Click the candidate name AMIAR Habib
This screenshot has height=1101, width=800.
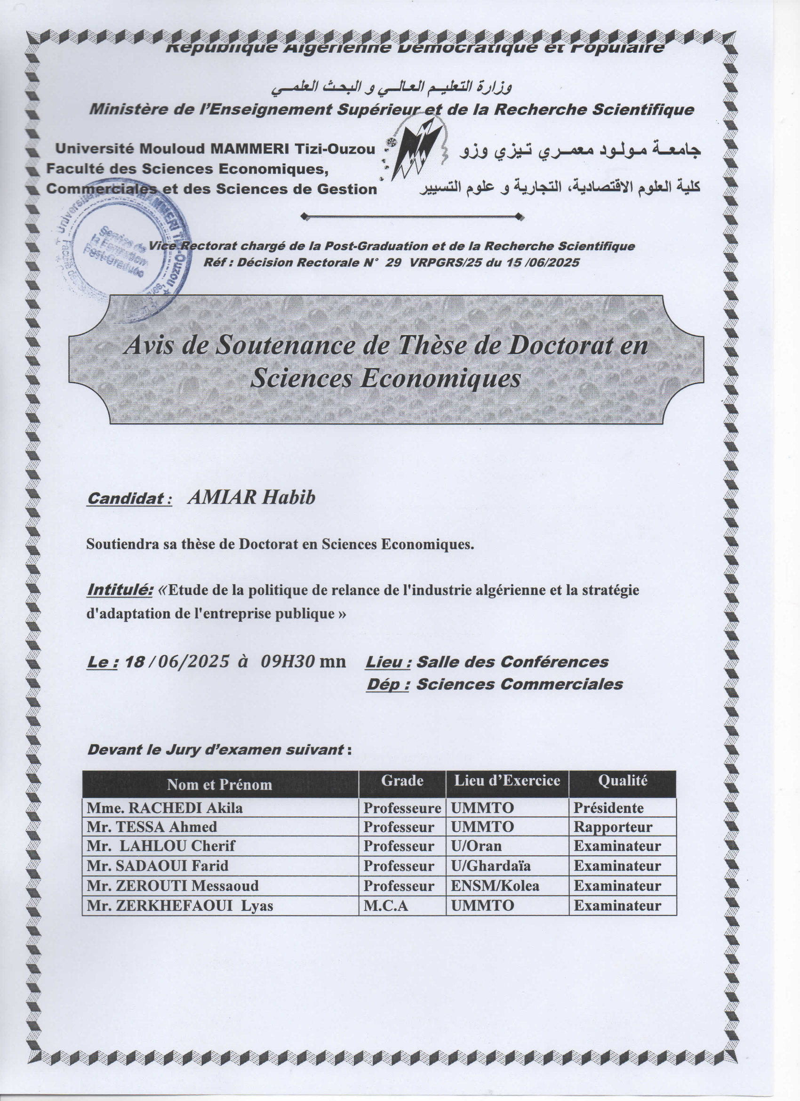point(251,498)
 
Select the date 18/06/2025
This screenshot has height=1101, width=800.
point(176,661)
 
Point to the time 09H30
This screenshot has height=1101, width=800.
point(288,661)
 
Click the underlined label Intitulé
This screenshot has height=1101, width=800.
point(120,590)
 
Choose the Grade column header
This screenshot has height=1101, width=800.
point(402,780)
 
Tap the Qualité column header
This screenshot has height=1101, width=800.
point(622,780)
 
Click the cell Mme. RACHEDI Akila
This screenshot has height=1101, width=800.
point(165,808)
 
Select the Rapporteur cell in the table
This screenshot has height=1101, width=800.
point(613,827)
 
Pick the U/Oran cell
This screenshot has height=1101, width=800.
point(476,846)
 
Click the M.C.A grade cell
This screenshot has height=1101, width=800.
point(386,906)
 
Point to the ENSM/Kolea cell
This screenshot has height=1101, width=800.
point(495,886)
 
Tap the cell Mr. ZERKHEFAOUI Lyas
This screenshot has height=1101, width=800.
point(180,906)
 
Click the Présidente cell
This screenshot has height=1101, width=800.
point(608,808)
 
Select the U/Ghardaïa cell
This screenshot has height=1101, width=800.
point(490,866)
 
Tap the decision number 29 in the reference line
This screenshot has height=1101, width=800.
point(394,263)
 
